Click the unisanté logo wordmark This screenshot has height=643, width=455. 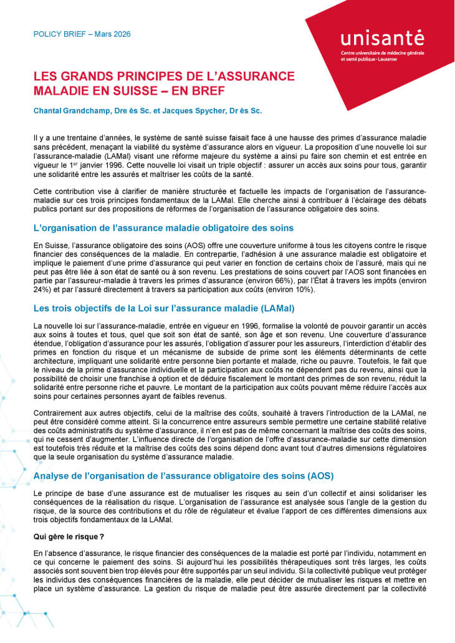381,39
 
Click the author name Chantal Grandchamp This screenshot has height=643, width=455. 74,112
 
